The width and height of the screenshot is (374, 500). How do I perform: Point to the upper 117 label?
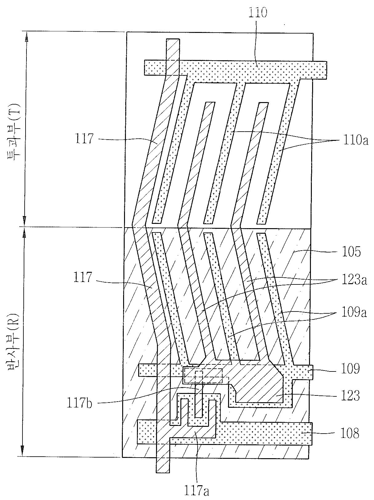[84, 139]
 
